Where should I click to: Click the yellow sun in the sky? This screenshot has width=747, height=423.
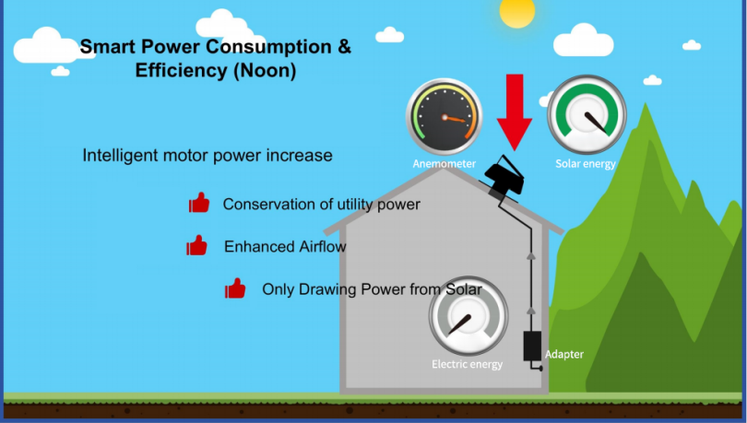point(516,11)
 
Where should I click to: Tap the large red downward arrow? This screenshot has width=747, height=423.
point(515,112)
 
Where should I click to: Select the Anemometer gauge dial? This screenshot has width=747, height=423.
point(444,117)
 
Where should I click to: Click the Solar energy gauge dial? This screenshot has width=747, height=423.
point(587,114)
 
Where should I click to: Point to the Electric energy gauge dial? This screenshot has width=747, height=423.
point(468,316)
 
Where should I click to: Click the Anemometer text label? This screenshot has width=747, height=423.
point(444,164)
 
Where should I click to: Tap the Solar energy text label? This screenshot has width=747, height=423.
point(586,164)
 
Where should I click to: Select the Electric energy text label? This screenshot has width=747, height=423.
point(467,364)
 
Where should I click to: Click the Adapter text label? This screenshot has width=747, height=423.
point(564,355)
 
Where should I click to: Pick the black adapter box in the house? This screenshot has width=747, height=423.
point(532,346)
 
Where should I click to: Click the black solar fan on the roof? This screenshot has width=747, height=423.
point(504,175)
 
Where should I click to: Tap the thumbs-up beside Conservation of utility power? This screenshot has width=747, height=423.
point(199,202)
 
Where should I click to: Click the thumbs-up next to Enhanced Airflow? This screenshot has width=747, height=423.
point(196,245)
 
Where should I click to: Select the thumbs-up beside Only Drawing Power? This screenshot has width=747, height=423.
point(235,288)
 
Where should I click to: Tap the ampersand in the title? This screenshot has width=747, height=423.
point(344,47)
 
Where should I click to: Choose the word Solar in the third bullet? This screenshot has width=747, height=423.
point(463,288)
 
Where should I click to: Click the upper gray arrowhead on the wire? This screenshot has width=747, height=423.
point(531,256)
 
